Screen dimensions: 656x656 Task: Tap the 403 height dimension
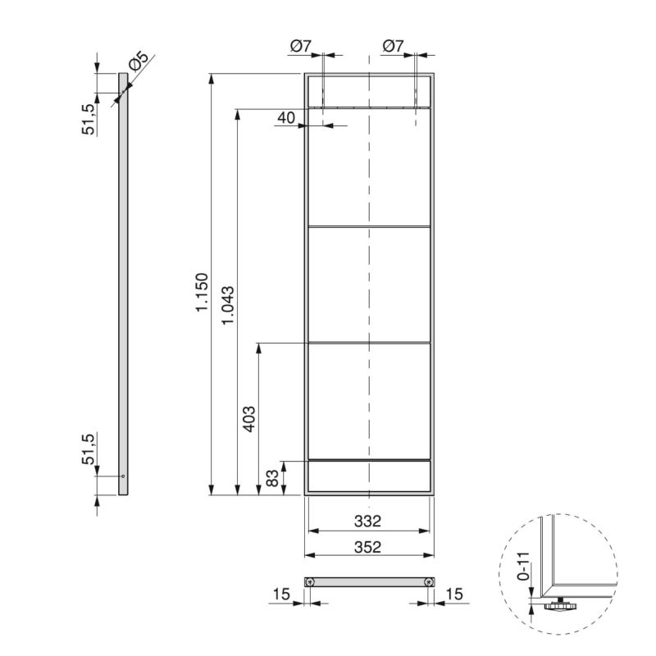250,418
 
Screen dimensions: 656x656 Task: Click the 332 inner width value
369,521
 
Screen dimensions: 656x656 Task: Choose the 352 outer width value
369,547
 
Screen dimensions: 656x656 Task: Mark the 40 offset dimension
285,118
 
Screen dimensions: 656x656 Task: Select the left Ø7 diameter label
300,47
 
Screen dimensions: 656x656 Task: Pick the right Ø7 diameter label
394,47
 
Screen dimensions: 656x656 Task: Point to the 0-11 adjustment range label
523,566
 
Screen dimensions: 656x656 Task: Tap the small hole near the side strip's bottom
122,476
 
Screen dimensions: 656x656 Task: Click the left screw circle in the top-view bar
311,581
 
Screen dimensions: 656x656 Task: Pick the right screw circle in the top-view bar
427,581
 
